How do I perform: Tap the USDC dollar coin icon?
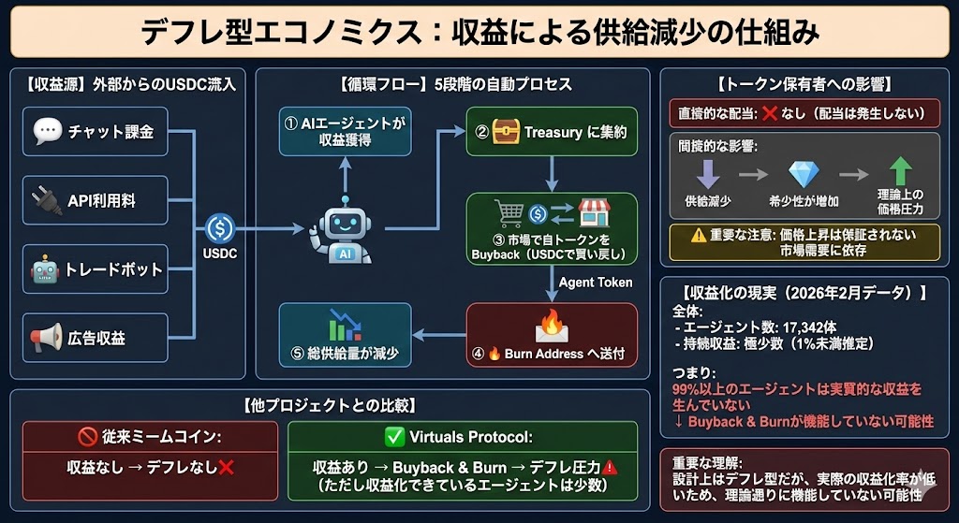click(221, 227)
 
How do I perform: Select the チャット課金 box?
click(96, 131)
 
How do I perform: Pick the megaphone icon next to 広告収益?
click(46, 338)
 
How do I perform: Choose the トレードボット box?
click(96, 269)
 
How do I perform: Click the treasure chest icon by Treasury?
click(506, 132)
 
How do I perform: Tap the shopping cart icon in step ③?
click(509, 214)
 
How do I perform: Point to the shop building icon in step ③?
click(591, 213)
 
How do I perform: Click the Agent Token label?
click(596, 282)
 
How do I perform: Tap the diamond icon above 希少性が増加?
click(804, 174)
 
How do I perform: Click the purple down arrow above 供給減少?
click(709, 174)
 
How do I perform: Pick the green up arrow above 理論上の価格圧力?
click(900, 173)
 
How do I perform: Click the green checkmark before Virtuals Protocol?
click(393, 438)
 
